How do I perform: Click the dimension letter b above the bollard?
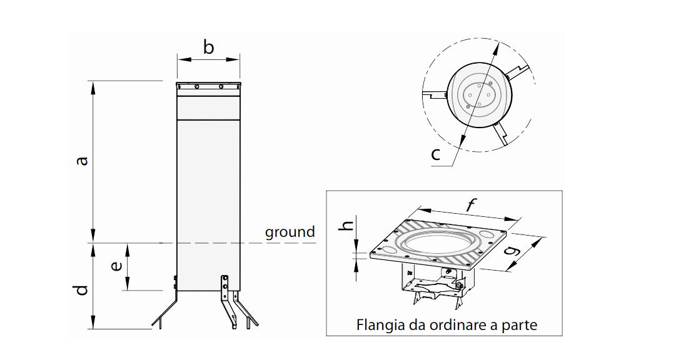[x=208, y=47]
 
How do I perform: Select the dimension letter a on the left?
[x=82, y=161]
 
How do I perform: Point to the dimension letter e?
[x=116, y=266]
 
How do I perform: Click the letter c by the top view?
[x=436, y=154]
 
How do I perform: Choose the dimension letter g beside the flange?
[x=513, y=252]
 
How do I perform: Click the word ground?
[x=290, y=232]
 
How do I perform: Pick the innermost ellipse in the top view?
[x=479, y=95]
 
